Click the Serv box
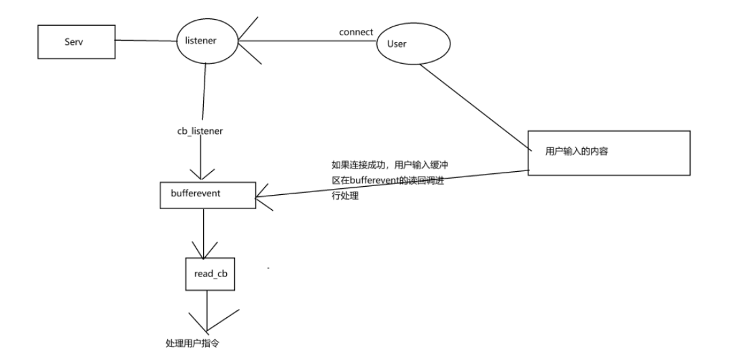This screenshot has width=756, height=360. [x=76, y=41]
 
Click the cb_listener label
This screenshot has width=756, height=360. [x=200, y=130]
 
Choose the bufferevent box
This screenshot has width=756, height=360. [x=207, y=194]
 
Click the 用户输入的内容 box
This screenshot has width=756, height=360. [x=608, y=153]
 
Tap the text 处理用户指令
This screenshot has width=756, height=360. [x=192, y=343]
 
